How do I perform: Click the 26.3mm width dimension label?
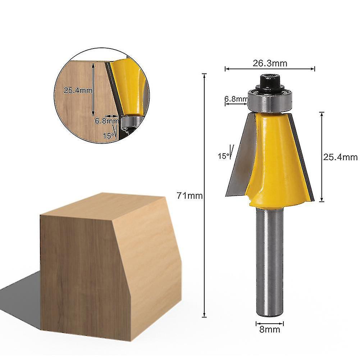tap(270, 64)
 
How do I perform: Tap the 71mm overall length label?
tap(190, 196)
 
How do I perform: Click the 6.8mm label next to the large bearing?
tap(236, 99)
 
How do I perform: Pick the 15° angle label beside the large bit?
tap(223, 156)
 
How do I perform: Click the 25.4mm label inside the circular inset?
tap(78, 91)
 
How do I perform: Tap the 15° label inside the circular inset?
tap(109, 136)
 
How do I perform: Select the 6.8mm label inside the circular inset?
tap(106, 121)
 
